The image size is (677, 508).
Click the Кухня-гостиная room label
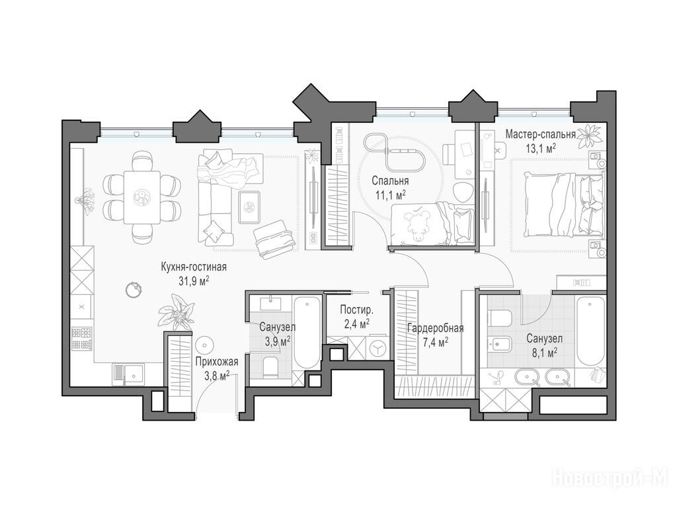(x=194, y=267)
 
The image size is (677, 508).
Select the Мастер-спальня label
(x=541, y=134)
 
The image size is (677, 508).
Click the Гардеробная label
(x=435, y=328)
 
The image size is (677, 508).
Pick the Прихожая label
(x=216, y=362)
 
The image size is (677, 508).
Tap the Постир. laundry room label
(x=356, y=310)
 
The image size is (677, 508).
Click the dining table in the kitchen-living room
(x=142, y=197)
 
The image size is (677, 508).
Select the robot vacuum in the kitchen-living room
(x=134, y=289)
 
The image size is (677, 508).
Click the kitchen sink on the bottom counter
(x=129, y=374)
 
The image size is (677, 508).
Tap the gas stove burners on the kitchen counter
(x=82, y=339)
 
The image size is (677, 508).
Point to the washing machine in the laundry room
(x=377, y=348)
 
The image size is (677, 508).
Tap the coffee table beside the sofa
(x=249, y=207)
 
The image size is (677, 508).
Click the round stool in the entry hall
(x=204, y=345)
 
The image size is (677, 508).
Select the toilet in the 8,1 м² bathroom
(x=500, y=318)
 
